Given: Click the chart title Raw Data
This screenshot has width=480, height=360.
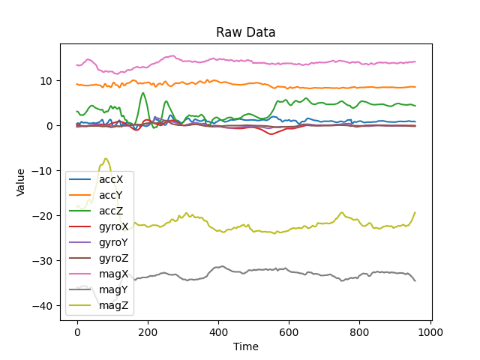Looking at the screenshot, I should point(246,32).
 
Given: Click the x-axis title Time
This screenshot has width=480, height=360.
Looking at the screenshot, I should point(246,346).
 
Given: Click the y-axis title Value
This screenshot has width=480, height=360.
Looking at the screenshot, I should point(21,182).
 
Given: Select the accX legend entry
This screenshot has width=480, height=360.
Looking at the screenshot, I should point(112,180).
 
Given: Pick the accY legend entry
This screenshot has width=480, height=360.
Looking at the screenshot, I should point(112,196).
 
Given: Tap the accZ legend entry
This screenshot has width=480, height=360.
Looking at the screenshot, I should point(112,211).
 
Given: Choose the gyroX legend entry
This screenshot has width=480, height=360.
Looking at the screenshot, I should point(114,227).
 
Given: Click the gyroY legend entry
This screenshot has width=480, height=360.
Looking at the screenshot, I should point(114,242).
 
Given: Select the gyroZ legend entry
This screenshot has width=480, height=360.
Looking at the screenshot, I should point(114,258).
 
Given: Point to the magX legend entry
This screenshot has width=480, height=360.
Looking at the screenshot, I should point(113,274).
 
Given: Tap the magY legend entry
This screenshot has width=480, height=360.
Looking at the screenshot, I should point(113,289).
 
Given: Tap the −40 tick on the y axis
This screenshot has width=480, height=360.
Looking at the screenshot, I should point(44,306).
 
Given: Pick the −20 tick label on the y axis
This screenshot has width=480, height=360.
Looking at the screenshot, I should point(44,216).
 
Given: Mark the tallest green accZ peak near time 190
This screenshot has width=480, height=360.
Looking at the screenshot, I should point(143,93).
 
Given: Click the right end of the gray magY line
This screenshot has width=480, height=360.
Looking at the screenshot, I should point(415,280).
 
